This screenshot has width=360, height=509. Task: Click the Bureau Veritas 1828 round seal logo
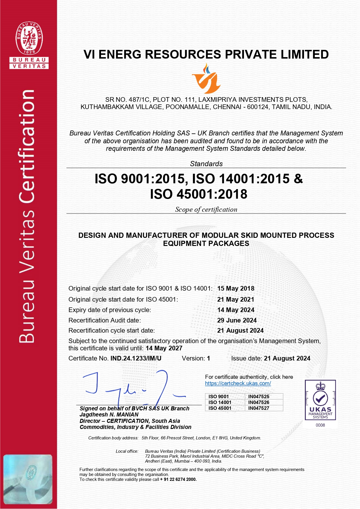(x=29, y=38)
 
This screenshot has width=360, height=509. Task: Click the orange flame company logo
(x=206, y=79)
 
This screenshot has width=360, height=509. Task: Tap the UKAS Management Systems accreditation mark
(x=320, y=400)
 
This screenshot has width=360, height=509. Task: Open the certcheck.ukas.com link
(x=238, y=383)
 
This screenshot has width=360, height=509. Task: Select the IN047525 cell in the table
(x=259, y=396)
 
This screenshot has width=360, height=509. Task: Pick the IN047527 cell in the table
(x=259, y=408)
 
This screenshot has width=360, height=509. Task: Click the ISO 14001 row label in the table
(x=220, y=402)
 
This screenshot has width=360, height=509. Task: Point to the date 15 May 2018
(x=236, y=289)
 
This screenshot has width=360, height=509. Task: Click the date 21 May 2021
(x=236, y=300)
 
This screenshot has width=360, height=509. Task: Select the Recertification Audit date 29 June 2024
(x=237, y=320)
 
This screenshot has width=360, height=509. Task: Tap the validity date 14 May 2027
(x=164, y=348)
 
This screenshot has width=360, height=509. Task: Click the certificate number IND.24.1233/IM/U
(x=136, y=358)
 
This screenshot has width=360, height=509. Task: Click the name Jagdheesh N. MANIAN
(x=109, y=415)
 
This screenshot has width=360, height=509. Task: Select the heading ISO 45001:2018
(x=199, y=194)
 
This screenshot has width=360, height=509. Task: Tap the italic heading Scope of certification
(x=206, y=210)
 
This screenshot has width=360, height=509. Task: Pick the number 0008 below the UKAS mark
(x=320, y=425)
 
